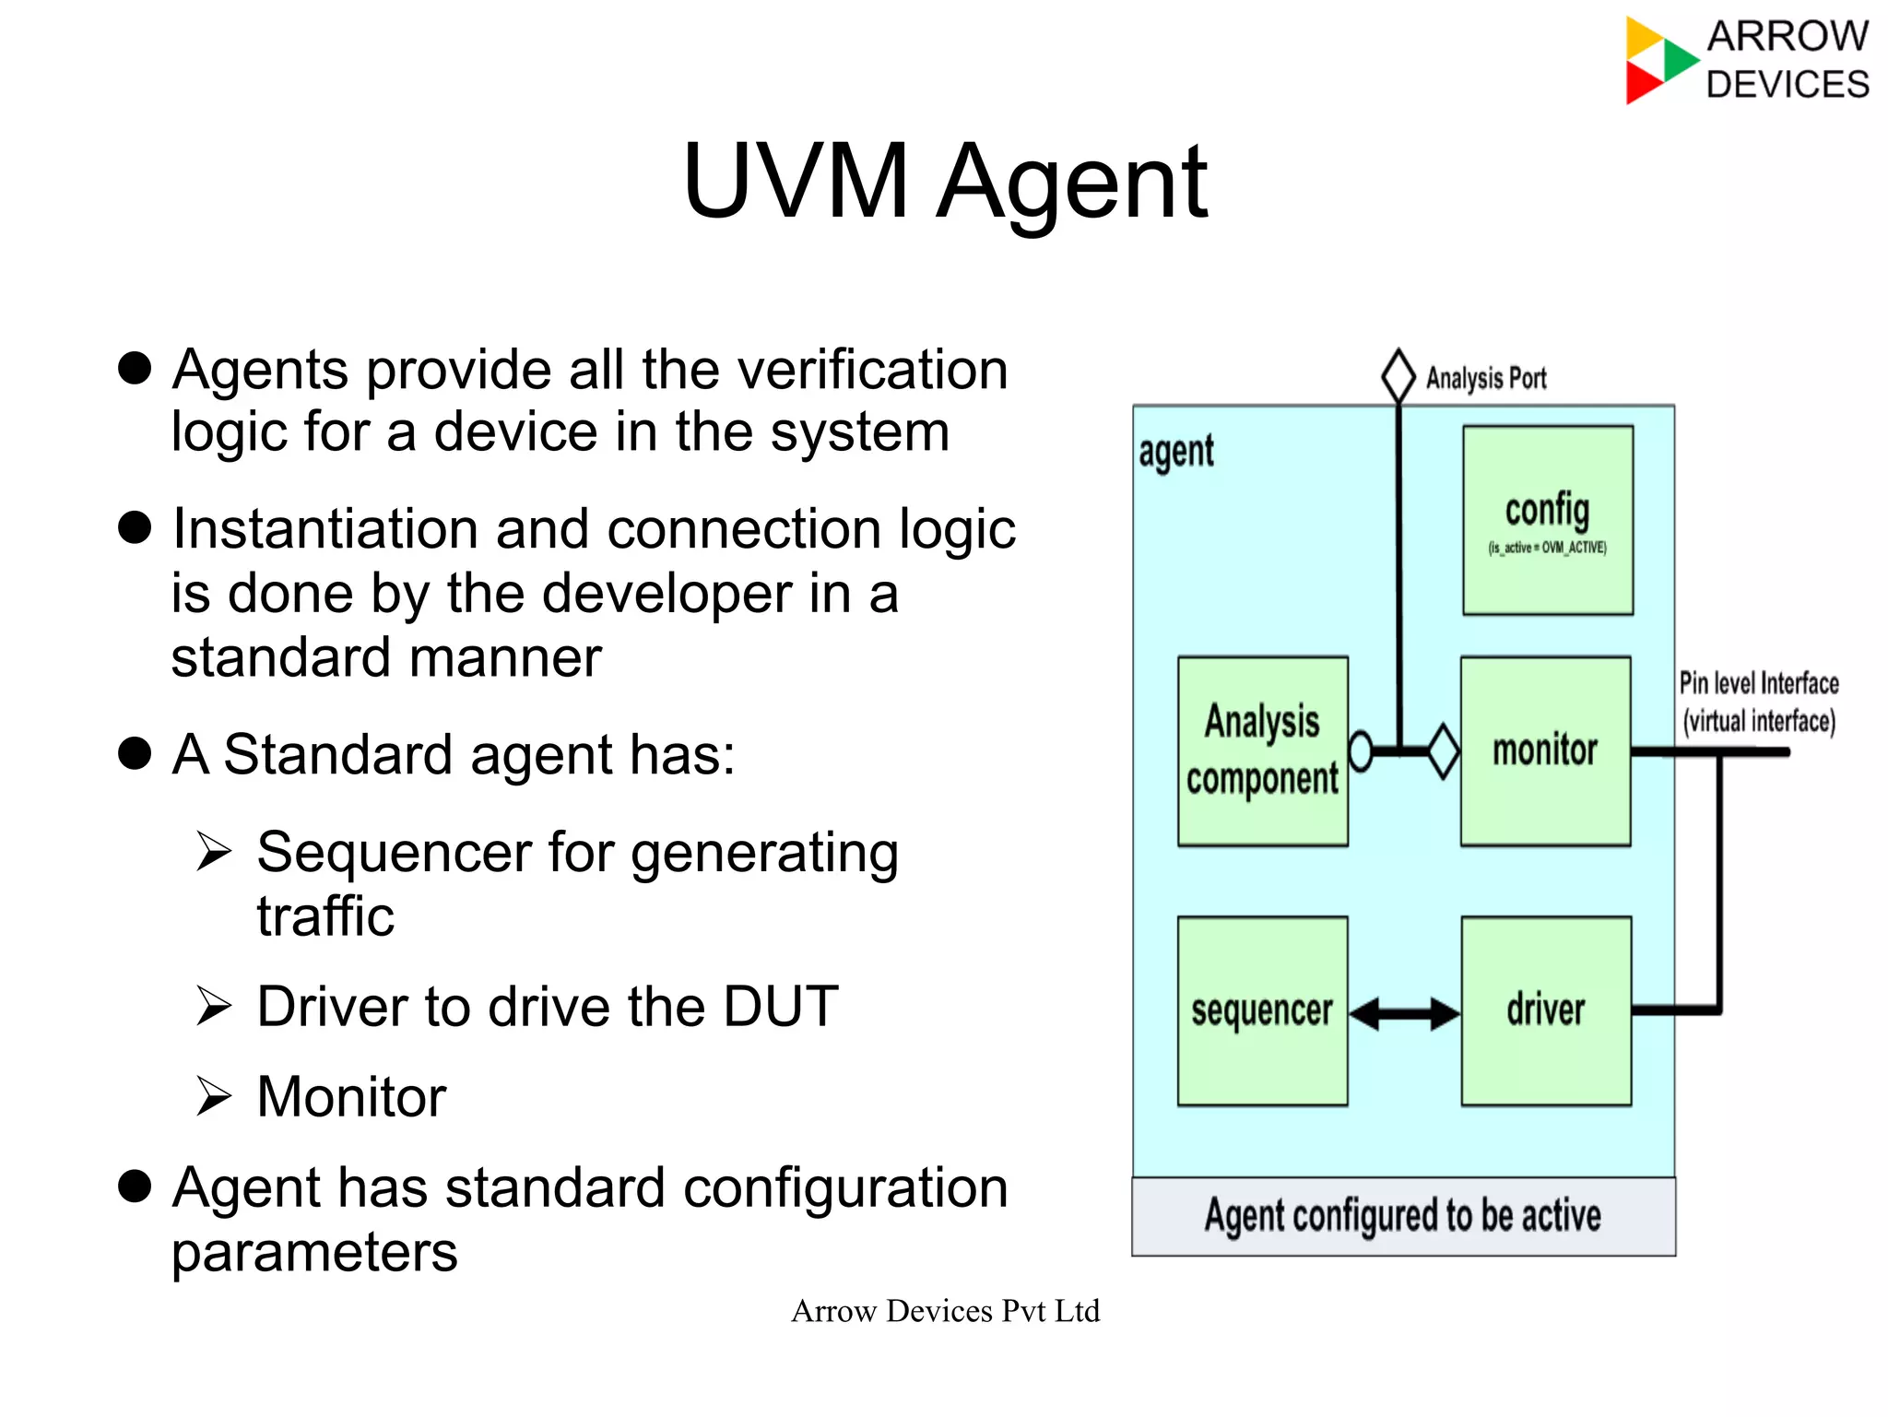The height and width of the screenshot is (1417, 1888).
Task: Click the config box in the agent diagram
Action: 1547,520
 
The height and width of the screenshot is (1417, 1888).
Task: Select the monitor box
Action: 1545,750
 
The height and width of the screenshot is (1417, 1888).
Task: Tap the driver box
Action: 1546,1010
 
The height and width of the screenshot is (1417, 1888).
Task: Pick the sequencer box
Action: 1262,1010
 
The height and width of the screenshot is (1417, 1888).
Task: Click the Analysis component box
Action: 1262,750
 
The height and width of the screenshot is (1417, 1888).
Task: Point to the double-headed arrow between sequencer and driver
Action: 1404,1013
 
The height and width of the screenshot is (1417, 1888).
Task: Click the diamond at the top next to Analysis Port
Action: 1398,375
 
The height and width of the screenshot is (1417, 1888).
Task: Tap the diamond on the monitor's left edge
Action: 1444,751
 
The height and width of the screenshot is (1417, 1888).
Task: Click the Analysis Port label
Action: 1485,378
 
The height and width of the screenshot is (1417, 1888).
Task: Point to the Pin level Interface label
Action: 1758,683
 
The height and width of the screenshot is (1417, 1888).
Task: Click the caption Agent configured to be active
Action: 1402,1216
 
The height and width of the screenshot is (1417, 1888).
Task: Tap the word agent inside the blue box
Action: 1175,453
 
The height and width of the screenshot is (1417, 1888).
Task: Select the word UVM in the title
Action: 796,181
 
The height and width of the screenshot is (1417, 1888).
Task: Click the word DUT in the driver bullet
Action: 780,1006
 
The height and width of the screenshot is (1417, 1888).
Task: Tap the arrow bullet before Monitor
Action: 214,1096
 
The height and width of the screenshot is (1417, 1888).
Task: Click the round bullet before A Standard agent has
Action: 135,753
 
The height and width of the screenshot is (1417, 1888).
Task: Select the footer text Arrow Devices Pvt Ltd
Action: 945,1310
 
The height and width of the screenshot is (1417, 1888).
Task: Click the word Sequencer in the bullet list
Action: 394,852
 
